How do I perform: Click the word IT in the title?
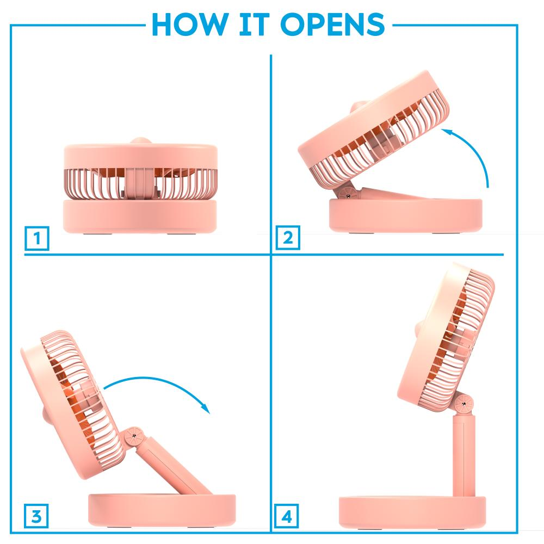click(254, 24)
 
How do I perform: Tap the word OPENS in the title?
click(332, 24)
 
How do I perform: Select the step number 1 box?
click(37, 238)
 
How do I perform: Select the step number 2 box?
click(288, 238)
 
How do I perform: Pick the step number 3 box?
click(36, 517)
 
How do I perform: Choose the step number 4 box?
click(287, 517)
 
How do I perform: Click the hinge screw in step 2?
click(348, 196)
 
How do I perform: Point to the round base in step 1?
click(140, 216)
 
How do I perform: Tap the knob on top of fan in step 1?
click(141, 141)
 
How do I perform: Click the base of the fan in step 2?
click(405, 215)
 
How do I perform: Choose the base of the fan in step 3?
click(162, 510)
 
